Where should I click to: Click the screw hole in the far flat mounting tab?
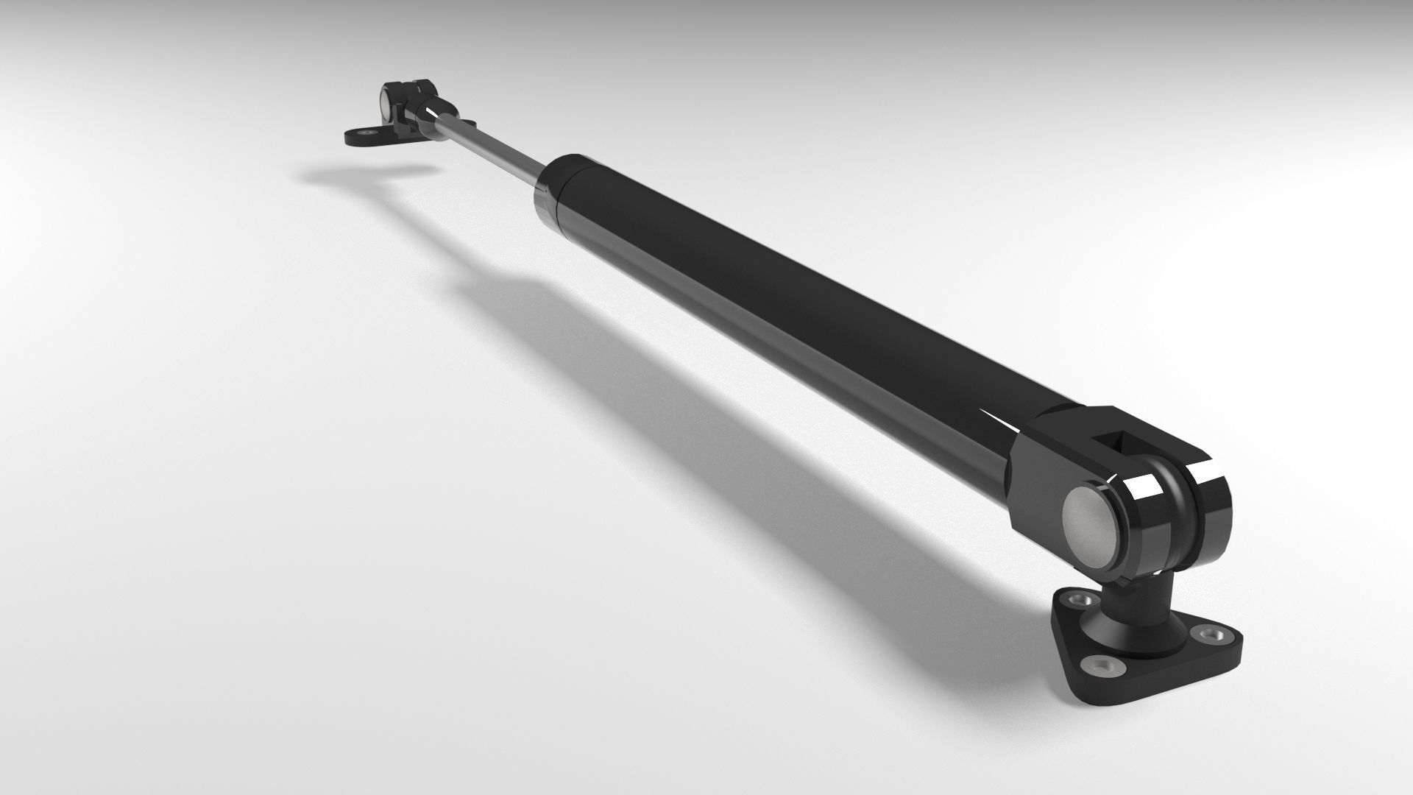click(363, 133)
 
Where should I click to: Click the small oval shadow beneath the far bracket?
click(361, 174)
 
